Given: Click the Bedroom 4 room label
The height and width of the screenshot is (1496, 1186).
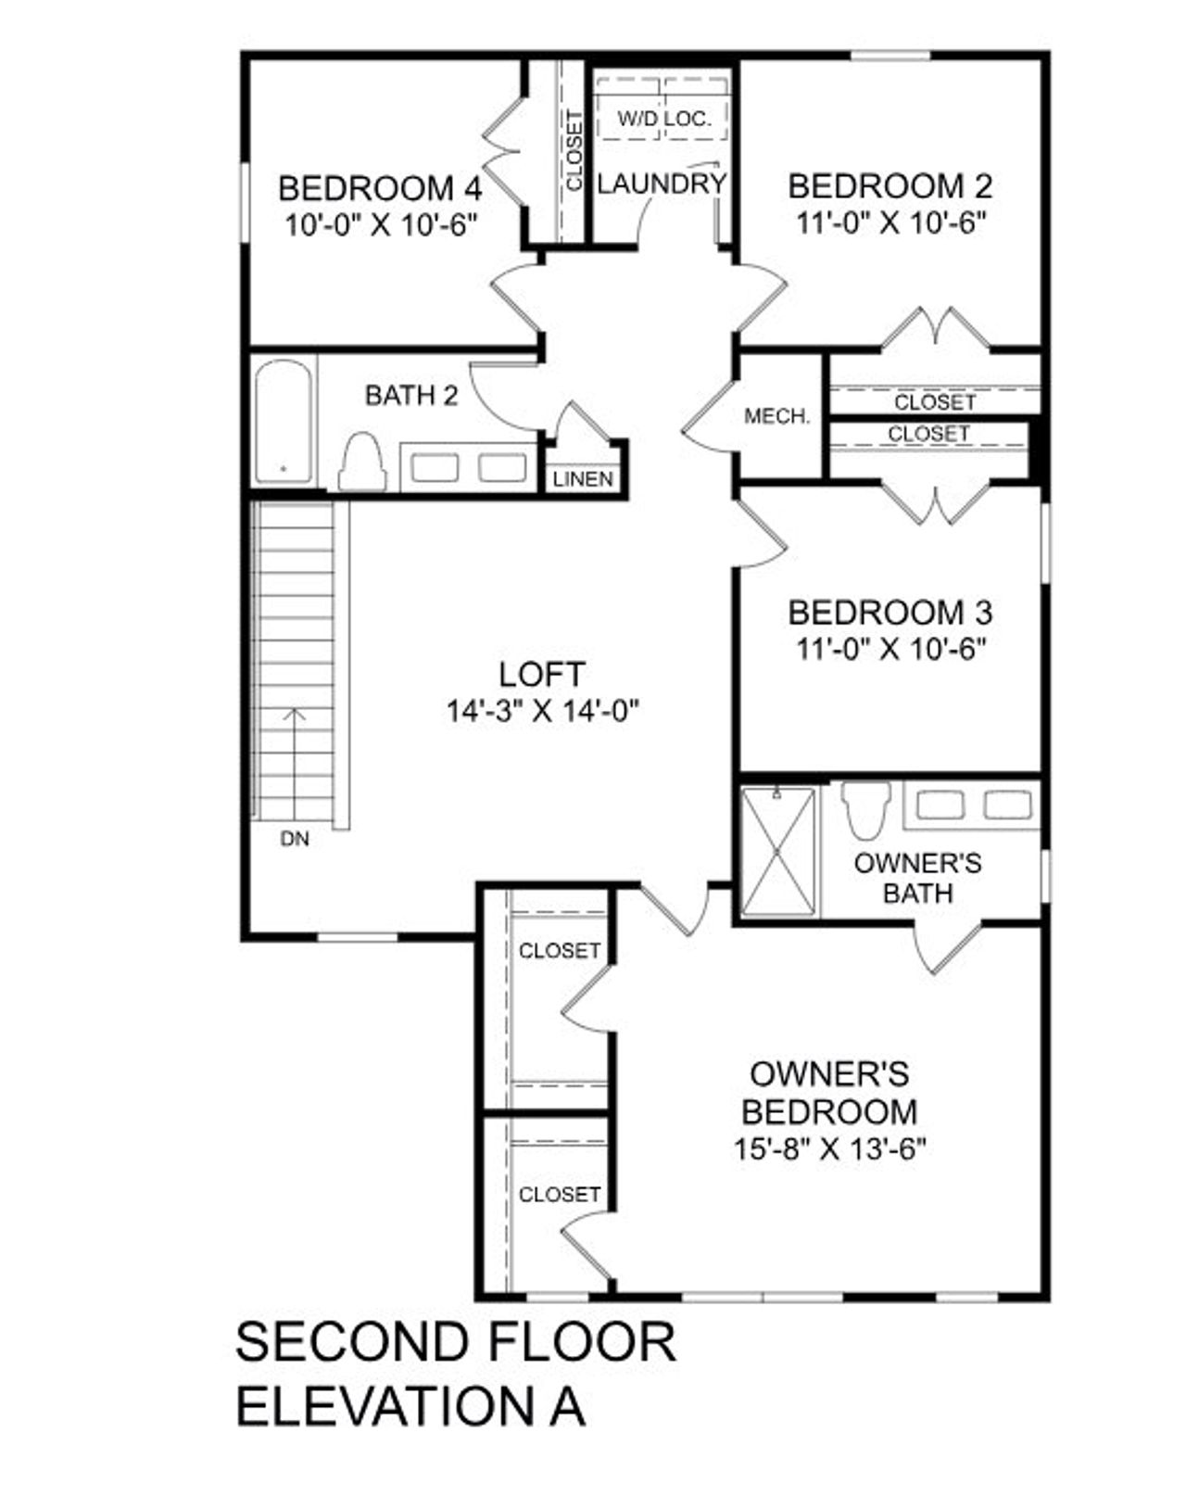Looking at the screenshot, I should tap(380, 188).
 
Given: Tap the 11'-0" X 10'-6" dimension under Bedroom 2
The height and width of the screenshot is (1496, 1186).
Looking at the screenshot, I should tap(889, 223).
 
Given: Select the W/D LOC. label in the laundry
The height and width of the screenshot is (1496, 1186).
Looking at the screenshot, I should tap(664, 119).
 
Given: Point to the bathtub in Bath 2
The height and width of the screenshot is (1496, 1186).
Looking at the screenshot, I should tap(283, 422).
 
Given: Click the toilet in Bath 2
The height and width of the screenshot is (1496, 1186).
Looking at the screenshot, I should tap(362, 462).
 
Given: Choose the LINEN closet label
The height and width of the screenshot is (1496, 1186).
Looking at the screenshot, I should tap(583, 479).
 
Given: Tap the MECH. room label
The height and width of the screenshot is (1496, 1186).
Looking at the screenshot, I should tap(776, 417).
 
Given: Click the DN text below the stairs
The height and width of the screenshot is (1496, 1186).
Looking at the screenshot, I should tap(295, 840).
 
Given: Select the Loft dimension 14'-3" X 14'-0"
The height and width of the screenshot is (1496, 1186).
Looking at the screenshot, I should tap(543, 712).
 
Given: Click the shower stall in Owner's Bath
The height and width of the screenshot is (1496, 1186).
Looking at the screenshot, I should tap(778, 851).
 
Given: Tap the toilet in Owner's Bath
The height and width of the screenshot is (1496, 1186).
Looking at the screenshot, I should tap(866, 808).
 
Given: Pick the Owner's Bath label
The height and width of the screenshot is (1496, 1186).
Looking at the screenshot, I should tap(917, 878).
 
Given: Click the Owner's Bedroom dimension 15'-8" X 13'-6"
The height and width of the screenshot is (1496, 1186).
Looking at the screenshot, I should tap(830, 1149).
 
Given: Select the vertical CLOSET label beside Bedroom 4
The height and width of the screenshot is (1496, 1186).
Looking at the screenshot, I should tap(574, 151).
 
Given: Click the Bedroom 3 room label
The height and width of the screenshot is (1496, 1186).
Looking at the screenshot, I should tap(889, 613).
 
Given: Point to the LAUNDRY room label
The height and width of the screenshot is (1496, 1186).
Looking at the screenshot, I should tap(661, 184).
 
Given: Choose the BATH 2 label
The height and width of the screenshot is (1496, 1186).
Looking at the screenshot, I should tap(411, 396).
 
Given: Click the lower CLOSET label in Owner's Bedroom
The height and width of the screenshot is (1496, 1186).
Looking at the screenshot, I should tap(559, 1195).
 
